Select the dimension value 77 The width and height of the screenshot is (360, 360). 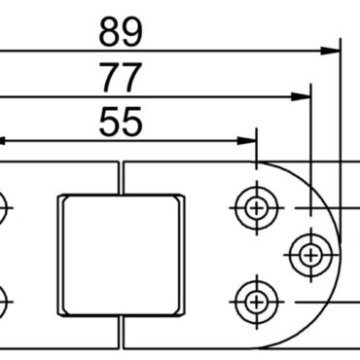coord(121,77)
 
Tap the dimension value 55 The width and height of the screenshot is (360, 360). coord(121,123)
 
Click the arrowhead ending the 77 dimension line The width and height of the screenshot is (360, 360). coord(303,96)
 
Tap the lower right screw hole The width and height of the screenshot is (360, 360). coord(256,298)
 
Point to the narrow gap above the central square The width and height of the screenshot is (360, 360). coord(121,176)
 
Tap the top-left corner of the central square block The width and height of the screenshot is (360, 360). coord(61,197)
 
